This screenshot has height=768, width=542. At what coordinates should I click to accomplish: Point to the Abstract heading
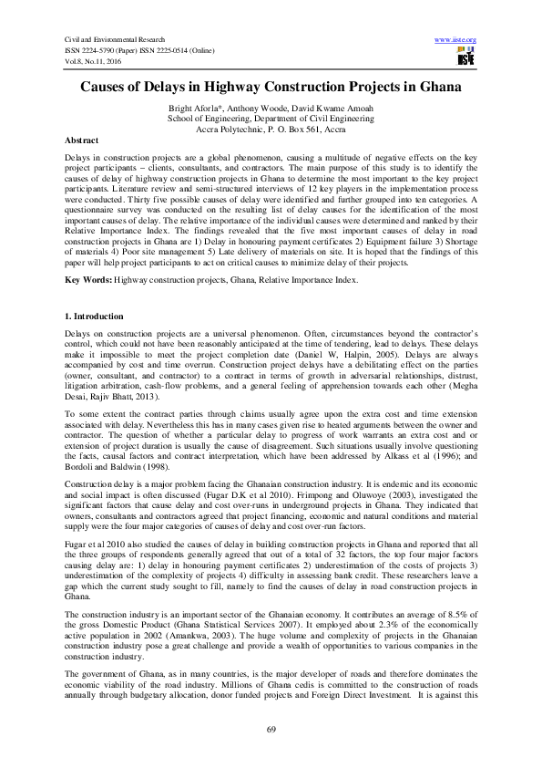pos(84,142)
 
